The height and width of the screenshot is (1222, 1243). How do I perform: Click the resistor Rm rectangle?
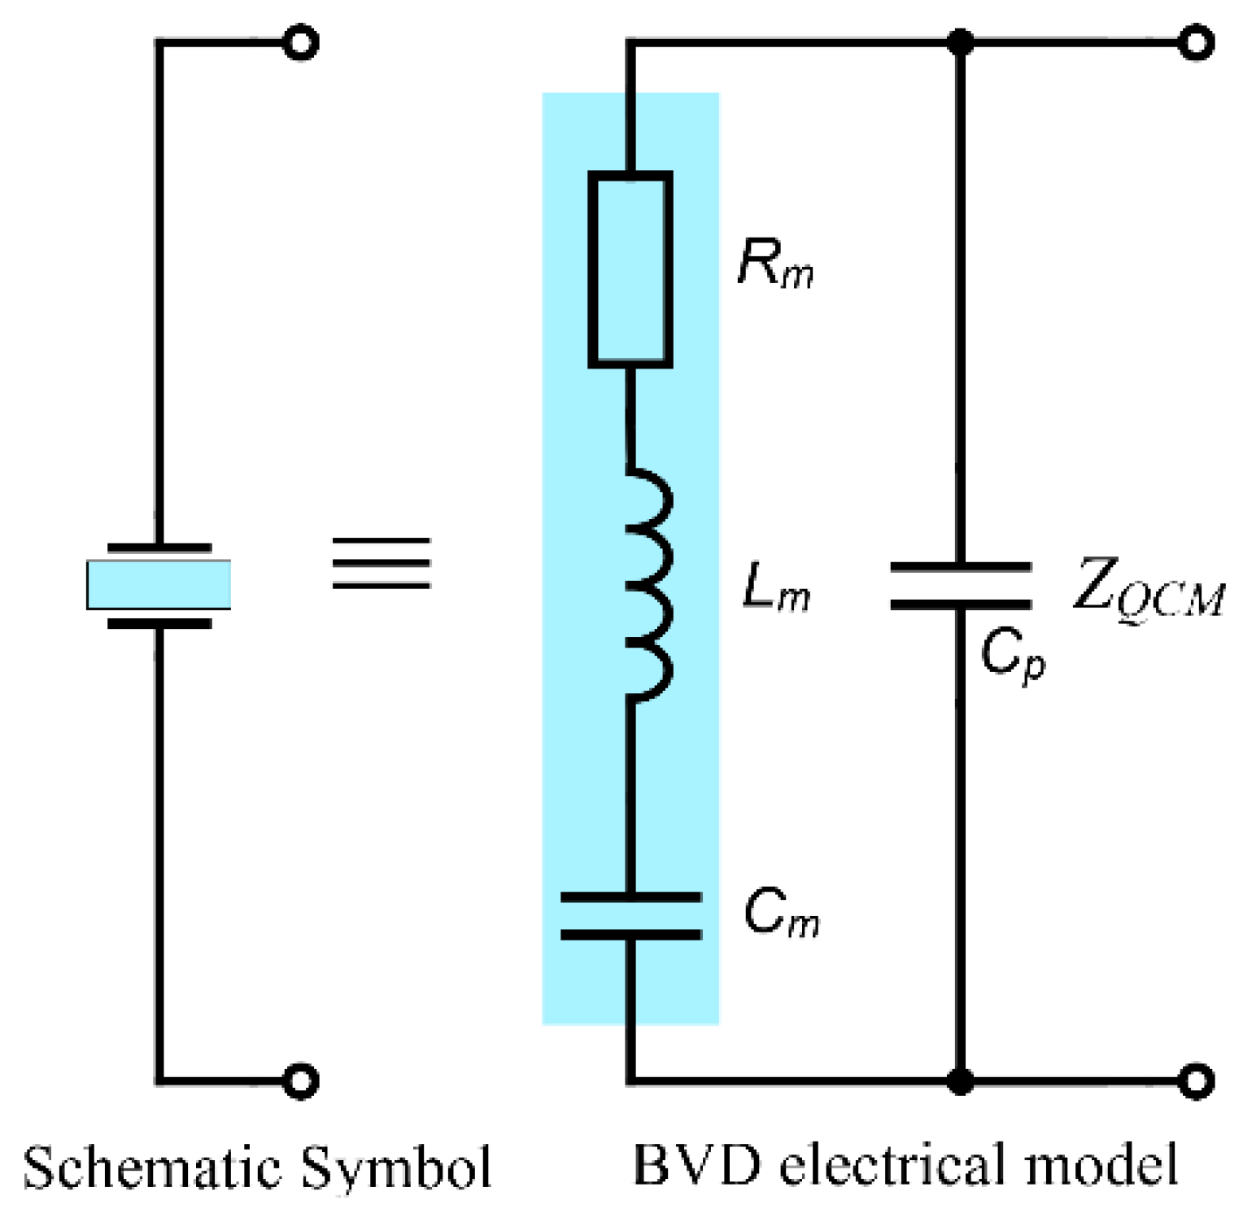point(630,269)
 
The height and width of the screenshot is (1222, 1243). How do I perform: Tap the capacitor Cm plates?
point(630,915)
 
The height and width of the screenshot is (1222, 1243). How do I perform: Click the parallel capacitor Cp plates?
point(961,585)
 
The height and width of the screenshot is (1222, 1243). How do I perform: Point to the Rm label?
point(775,264)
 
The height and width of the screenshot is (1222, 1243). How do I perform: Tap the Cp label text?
point(1012,655)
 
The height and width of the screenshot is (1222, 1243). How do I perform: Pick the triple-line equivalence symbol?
point(381,563)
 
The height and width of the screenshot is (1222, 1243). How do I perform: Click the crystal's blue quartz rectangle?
point(159,584)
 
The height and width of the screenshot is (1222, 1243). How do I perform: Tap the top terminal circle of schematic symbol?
point(300,42)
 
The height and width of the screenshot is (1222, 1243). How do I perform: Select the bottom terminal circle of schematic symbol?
point(300,1081)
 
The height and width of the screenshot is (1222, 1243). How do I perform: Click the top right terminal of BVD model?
point(1196,42)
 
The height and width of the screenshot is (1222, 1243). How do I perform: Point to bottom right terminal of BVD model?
point(1196,1081)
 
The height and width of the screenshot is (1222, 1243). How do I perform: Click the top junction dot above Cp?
point(961,41)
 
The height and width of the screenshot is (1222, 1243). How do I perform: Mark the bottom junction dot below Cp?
point(961,1081)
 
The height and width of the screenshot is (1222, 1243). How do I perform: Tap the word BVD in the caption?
point(696,1165)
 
